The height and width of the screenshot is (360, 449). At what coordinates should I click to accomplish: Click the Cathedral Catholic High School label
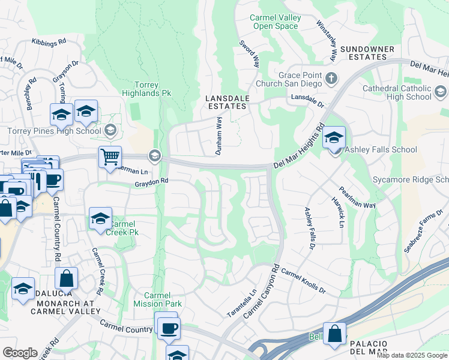(x=397, y=92)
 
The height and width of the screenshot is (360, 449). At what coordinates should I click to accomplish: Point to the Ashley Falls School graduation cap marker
(x=334, y=138)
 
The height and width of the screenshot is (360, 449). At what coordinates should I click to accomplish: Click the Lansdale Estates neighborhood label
(x=226, y=101)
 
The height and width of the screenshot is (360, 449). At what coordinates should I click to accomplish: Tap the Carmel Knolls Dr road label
(x=303, y=281)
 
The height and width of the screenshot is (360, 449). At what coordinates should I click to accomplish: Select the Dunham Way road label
(x=218, y=136)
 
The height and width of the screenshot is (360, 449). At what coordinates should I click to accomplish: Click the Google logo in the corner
(x=20, y=353)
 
